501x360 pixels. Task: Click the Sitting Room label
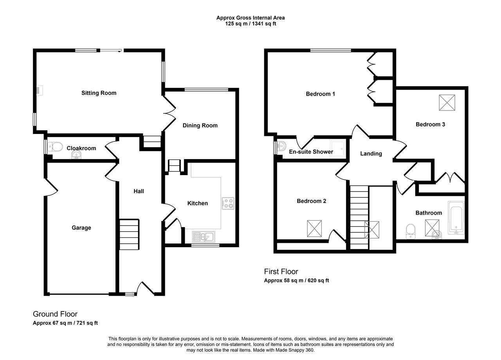99,93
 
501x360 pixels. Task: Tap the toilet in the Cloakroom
55,147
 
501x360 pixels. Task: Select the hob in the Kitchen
228,203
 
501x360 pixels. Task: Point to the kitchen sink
204,237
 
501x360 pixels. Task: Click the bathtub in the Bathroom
456,218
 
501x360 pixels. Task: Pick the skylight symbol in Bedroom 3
447,103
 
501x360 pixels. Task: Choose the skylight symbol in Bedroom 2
314,228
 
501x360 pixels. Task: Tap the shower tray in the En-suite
338,149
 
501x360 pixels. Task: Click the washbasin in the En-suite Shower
282,146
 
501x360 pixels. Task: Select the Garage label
81,228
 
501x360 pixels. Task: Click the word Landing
371,154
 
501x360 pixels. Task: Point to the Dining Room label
200,125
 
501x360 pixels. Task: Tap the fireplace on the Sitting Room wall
40,90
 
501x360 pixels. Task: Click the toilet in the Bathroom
411,231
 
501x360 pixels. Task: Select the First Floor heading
281,271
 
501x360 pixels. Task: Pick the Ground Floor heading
55,314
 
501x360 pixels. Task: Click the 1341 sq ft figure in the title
264,24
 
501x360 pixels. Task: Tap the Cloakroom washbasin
76,155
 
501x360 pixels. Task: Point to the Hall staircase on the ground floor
129,234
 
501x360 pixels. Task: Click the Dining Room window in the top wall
206,90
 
